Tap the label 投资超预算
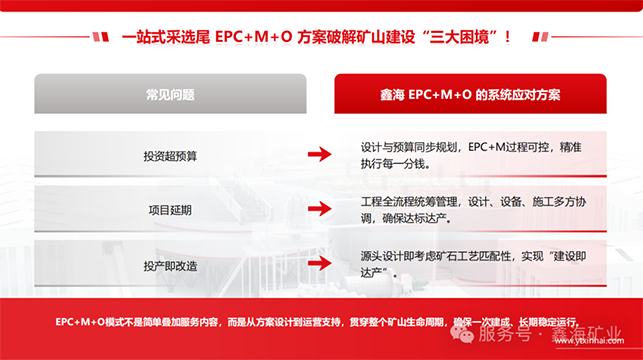tap(170, 155)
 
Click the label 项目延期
tap(170, 210)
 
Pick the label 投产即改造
tap(170, 266)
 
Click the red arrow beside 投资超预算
tap(319, 154)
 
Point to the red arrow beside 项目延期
tap(319, 210)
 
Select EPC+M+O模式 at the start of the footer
tap(88, 322)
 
